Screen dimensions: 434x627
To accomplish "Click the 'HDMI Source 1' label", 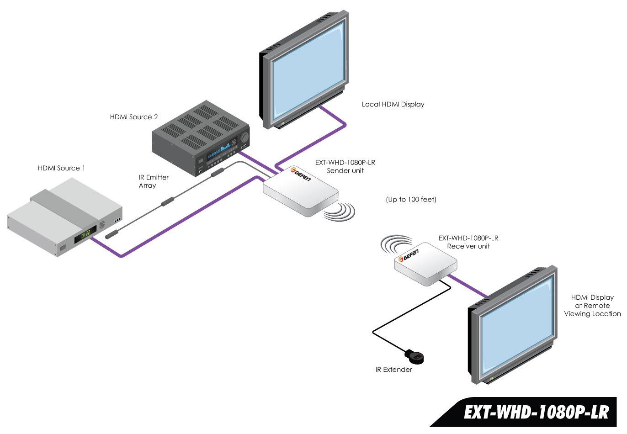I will click(x=61, y=168).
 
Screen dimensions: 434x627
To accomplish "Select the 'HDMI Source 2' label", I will click(x=133, y=117).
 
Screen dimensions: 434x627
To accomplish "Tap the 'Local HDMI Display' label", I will click(x=393, y=104).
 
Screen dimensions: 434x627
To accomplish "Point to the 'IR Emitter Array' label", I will click(x=154, y=181).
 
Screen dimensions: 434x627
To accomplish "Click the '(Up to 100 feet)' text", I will click(x=411, y=199).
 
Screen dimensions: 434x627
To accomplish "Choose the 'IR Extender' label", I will click(x=393, y=370).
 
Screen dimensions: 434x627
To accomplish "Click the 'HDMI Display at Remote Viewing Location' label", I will click(x=592, y=306).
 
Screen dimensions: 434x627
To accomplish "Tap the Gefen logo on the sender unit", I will click(x=300, y=174).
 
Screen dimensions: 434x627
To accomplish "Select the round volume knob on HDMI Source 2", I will click(x=244, y=137).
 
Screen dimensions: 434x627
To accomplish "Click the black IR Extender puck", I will click(x=415, y=356).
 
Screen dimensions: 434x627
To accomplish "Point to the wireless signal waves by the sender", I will click(x=340, y=212).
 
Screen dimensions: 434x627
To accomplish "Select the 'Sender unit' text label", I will click(x=345, y=171).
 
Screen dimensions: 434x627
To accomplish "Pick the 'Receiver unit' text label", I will click(x=468, y=246).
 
